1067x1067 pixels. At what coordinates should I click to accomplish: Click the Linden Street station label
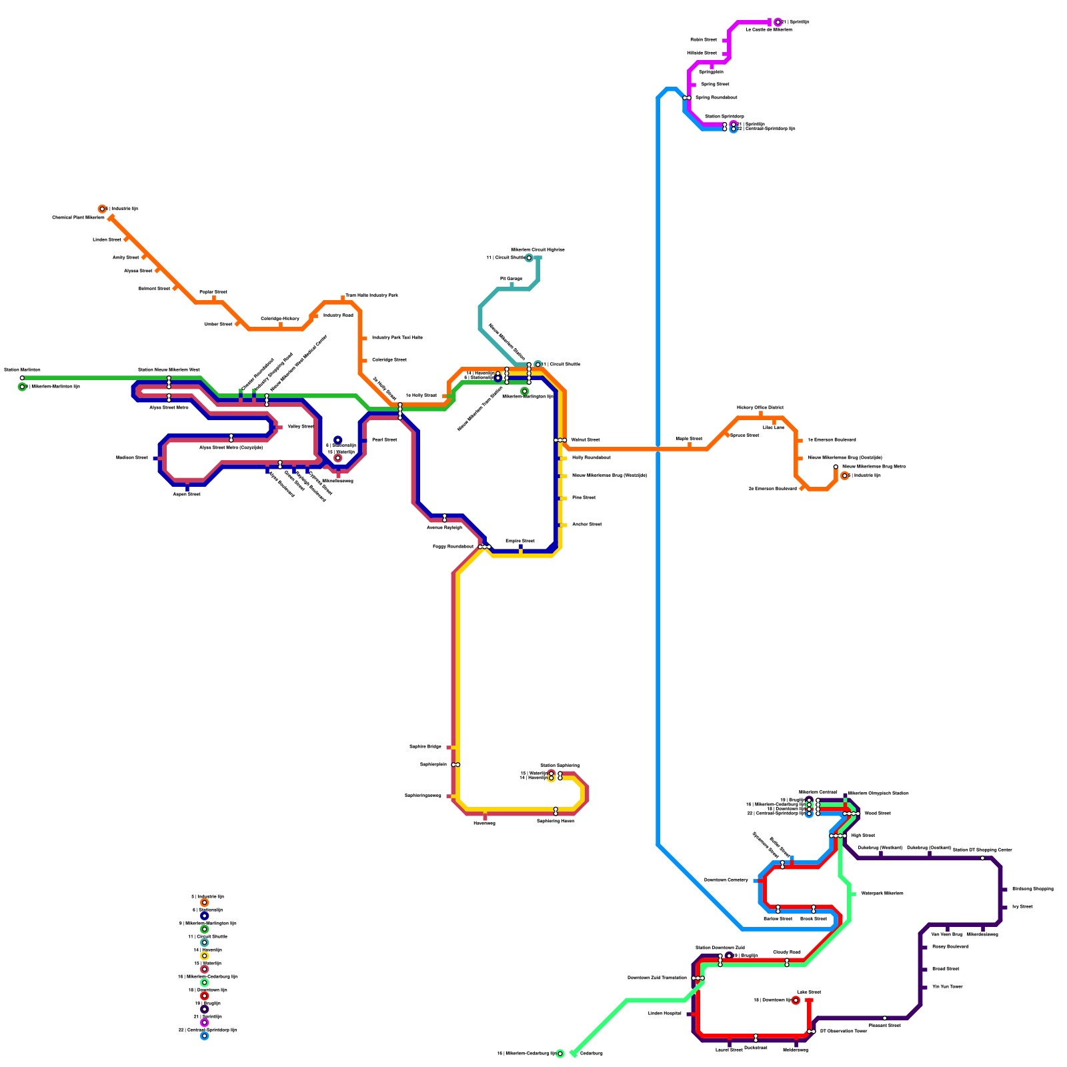pos(107,239)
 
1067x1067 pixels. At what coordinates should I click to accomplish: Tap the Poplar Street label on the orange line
pos(213,292)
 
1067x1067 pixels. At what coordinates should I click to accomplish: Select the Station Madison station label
pos(22,369)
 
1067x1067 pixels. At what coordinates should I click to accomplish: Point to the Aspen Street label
pos(187,494)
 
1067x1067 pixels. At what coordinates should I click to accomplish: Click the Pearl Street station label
pos(385,440)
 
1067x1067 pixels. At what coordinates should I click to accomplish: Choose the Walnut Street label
pos(586,440)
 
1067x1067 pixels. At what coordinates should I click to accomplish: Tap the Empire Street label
pos(520,541)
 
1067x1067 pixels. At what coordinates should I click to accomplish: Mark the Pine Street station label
pos(584,498)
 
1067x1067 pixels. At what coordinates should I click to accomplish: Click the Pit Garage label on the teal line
pos(511,279)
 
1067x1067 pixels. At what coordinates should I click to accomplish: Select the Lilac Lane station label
pos(774,427)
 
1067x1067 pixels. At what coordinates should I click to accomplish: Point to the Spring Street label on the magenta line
pos(715,85)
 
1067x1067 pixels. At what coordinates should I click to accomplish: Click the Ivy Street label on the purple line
pos(1022,907)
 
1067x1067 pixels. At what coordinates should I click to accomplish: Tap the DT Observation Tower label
pos(844,1032)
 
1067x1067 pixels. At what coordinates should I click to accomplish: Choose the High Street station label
pos(863,836)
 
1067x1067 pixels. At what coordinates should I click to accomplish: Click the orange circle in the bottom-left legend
pos(205,903)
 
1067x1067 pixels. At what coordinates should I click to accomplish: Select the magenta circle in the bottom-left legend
pos(205,1023)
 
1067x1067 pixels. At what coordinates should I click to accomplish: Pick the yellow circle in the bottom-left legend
pos(205,956)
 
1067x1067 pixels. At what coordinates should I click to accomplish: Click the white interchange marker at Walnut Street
pos(560,440)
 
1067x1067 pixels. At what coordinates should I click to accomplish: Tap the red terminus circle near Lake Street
pos(796,1000)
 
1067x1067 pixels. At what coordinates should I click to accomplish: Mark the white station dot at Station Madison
pos(22,378)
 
